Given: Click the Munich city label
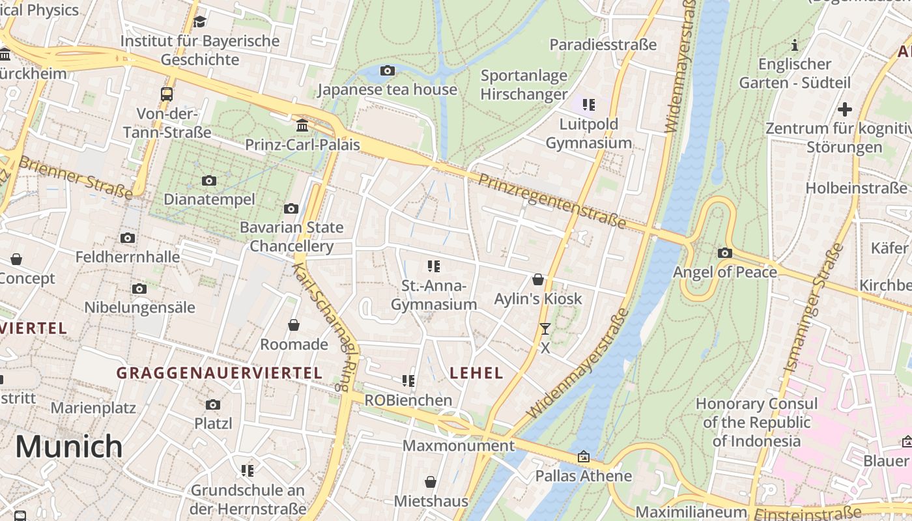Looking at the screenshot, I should [68, 447].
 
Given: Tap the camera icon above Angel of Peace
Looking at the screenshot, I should [724, 253].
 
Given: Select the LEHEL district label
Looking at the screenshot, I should [476, 373].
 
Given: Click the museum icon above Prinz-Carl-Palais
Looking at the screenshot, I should [302, 125].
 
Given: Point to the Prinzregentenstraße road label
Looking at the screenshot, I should [552, 201].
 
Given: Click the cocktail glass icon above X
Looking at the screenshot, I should [545, 329].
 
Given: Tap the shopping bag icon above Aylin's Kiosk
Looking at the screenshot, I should [538, 279].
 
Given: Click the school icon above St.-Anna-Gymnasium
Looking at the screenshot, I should [434, 266].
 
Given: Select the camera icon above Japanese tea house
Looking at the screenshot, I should [388, 70].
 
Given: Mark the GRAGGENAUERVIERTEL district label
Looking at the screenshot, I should [219, 373].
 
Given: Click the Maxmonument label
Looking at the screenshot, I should [459, 446].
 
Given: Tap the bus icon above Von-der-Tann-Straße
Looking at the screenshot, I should [167, 94].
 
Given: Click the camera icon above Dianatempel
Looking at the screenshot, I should [209, 180].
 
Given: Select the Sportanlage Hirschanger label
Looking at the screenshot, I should [524, 85].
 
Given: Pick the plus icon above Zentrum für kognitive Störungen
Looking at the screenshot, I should [845, 109].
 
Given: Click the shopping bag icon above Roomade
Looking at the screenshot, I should [294, 325].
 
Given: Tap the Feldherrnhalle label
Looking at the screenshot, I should [128, 257].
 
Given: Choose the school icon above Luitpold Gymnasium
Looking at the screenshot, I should [589, 104].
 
